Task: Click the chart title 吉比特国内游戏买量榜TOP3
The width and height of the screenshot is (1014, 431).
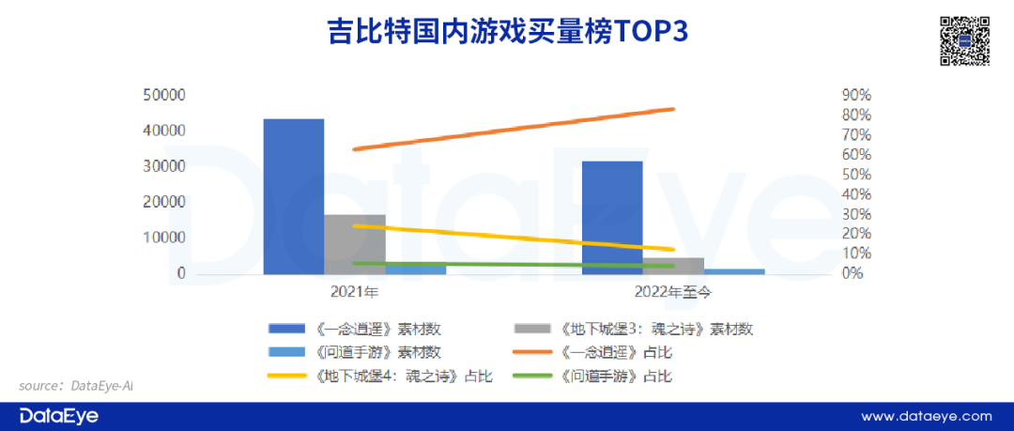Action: (506, 32)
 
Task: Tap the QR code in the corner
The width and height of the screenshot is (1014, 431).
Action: (965, 40)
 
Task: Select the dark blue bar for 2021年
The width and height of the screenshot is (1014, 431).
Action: (293, 196)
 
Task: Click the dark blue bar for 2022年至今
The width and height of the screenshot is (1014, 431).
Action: (612, 217)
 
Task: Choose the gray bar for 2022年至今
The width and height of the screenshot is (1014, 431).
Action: (673, 265)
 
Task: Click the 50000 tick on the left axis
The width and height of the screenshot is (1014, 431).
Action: (164, 95)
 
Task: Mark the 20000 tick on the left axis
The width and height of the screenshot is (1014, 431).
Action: (164, 202)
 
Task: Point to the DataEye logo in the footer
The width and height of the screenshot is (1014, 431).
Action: (58, 415)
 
